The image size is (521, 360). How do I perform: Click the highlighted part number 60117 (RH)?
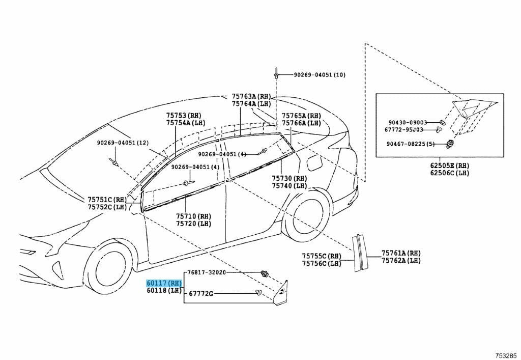tap(164, 284)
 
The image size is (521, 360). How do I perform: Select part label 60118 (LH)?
tap(164, 291)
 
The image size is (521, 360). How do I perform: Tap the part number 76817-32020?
tap(207, 272)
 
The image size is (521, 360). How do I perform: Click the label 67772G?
tap(201, 294)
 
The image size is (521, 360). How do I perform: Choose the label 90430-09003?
tap(408, 123)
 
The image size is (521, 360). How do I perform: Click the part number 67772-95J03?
tap(404, 130)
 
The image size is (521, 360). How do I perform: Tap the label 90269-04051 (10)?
tap(320, 75)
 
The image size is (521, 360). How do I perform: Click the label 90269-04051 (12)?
tap(123, 143)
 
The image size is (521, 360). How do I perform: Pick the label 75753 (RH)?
tap(184, 116)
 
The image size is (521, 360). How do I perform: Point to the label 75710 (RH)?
tap(193, 216)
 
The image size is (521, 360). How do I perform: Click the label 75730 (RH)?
tap(290, 179)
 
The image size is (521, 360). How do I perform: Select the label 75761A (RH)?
tap(401, 253)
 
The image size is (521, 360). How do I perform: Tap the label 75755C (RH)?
tap(322, 256)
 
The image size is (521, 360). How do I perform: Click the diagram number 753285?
tap(506, 355)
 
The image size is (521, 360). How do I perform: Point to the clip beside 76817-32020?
tap(265, 273)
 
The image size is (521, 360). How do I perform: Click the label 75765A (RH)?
tap(301, 116)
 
